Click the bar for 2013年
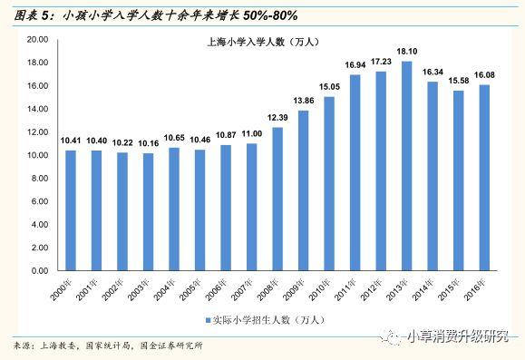click(407, 166)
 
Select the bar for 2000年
click(71, 210)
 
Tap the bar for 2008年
click(277, 199)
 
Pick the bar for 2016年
click(484, 178)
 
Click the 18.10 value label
click(407, 52)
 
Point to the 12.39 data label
click(277, 118)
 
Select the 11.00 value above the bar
click(252, 134)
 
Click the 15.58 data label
click(459, 81)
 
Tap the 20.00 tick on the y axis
click(37, 40)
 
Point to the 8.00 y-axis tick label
click(40, 178)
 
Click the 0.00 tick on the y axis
click(40, 270)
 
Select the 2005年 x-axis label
click(190, 289)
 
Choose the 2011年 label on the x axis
click(345, 289)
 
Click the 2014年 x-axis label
click(423, 289)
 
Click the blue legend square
click(208, 320)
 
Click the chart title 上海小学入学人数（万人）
click(263, 42)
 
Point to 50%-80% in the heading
click(270, 15)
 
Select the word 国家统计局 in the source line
click(108, 345)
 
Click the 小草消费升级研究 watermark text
click(458, 336)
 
